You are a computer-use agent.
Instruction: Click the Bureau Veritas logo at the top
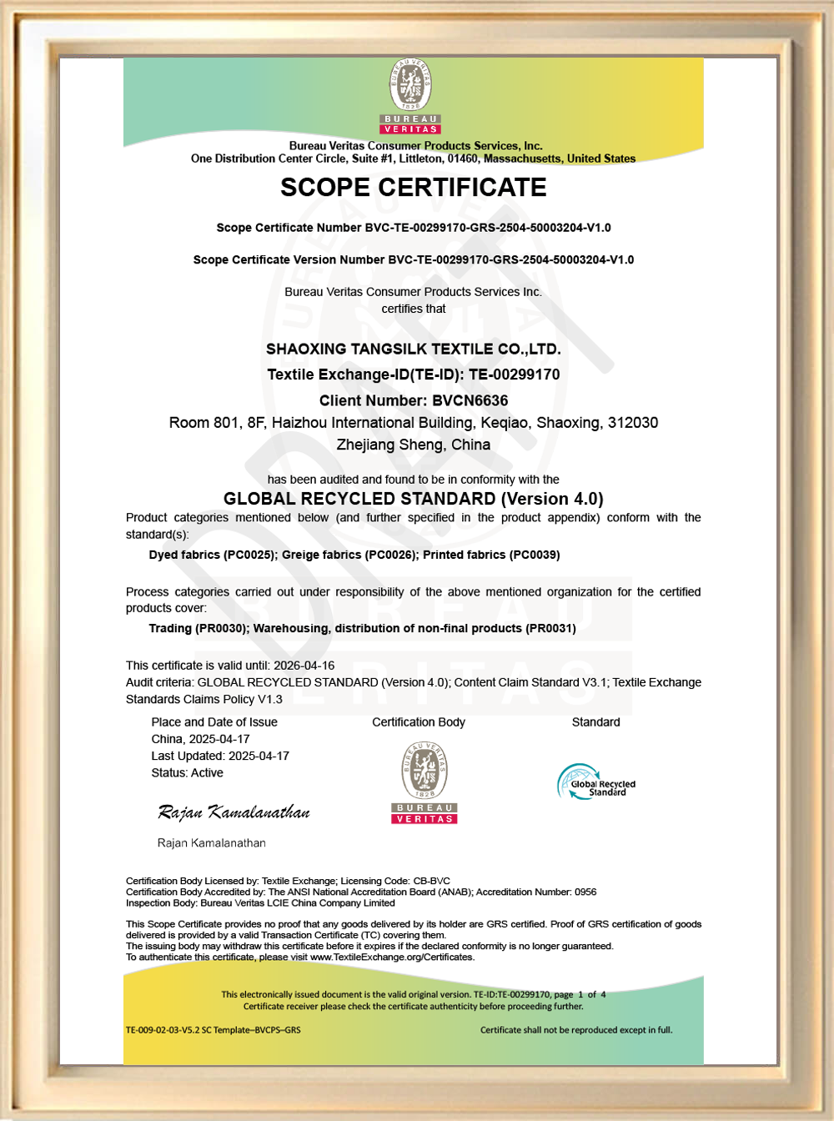[409, 96]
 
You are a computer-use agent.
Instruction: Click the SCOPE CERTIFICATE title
[413, 188]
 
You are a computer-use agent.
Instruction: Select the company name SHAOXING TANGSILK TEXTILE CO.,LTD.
[413, 349]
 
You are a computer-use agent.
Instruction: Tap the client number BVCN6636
[470, 400]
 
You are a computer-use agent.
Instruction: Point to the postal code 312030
[633, 423]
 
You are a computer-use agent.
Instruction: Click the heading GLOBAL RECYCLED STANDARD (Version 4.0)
[413, 499]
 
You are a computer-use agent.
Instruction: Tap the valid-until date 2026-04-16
[304, 666]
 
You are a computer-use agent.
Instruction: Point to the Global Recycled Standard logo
[596, 782]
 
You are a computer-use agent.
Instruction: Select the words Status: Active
[187, 773]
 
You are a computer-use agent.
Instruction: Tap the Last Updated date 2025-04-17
[259, 756]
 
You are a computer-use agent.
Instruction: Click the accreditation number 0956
[585, 892]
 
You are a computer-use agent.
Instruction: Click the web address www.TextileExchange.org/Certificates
[392, 957]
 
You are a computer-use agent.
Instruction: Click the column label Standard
[595, 722]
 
